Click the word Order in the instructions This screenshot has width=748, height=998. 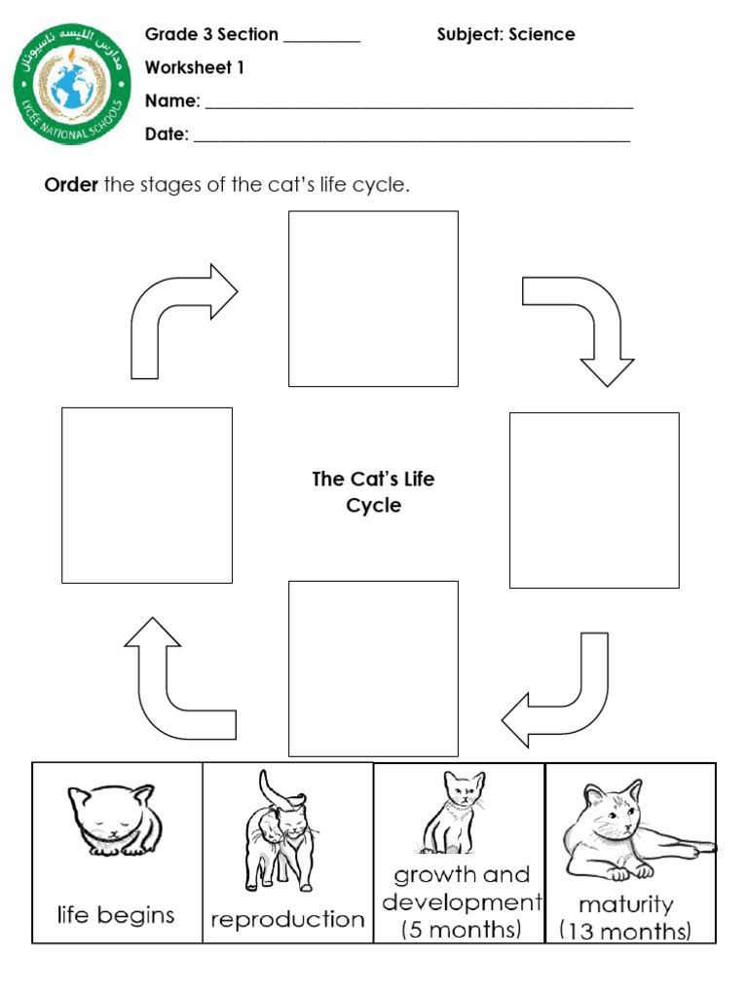point(71,185)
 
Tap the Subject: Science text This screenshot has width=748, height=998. point(505,35)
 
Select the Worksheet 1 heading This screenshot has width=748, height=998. point(194,68)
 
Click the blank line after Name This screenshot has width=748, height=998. point(419,103)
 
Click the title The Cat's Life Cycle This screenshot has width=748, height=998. point(373,492)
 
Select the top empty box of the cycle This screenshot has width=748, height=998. point(373,298)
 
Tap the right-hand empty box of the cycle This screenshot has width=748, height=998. point(594,500)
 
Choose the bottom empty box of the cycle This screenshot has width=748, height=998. point(373,668)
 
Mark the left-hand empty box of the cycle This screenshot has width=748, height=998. point(147,495)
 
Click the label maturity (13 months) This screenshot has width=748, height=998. point(625,917)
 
